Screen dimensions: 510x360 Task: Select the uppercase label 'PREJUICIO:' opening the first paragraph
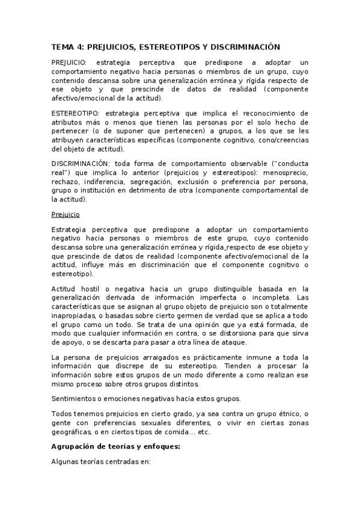tap(69, 63)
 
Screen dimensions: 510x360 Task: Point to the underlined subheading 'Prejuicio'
tap(64, 215)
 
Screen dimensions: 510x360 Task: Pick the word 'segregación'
tap(155, 182)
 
